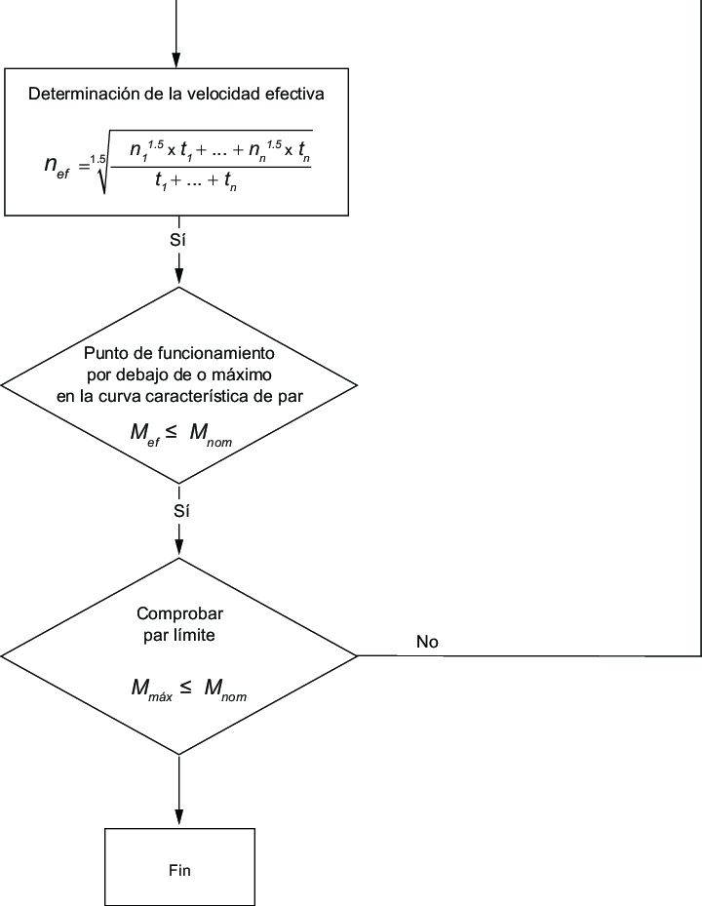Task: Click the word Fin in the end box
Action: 178,870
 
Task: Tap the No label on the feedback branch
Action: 427,642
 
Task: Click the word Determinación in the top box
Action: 77,95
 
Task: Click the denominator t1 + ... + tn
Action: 211,182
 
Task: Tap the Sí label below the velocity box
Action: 177,240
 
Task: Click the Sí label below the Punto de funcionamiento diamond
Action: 177,510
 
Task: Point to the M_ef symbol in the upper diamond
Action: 147,433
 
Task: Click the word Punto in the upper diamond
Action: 103,352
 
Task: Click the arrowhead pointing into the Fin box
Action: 178,819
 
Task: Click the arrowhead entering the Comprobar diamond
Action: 178,548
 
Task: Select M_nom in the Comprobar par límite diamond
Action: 224,689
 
